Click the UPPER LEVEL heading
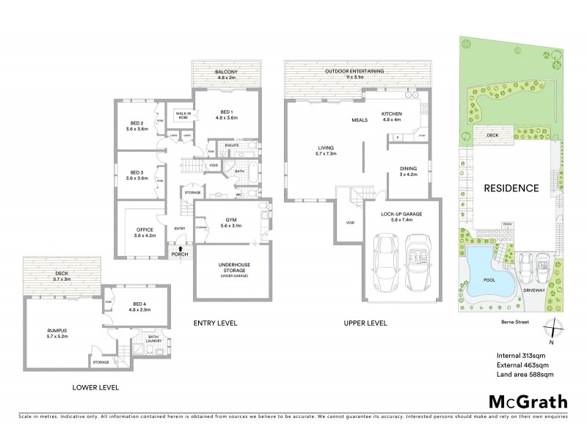(364, 323)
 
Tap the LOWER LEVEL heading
(96, 386)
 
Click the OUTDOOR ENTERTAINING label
(356, 71)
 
